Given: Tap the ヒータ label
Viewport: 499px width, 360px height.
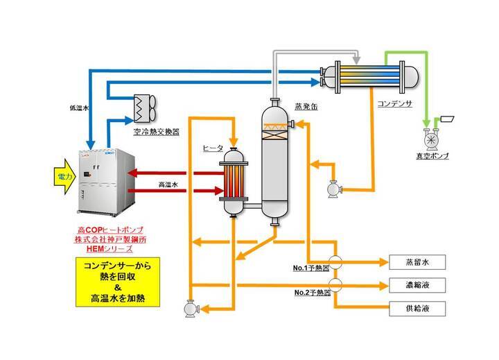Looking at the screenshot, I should [x=212, y=148].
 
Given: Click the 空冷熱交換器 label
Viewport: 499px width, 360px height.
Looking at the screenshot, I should [x=156, y=129].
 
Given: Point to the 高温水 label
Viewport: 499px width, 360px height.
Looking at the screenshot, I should [x=170, y=182].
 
